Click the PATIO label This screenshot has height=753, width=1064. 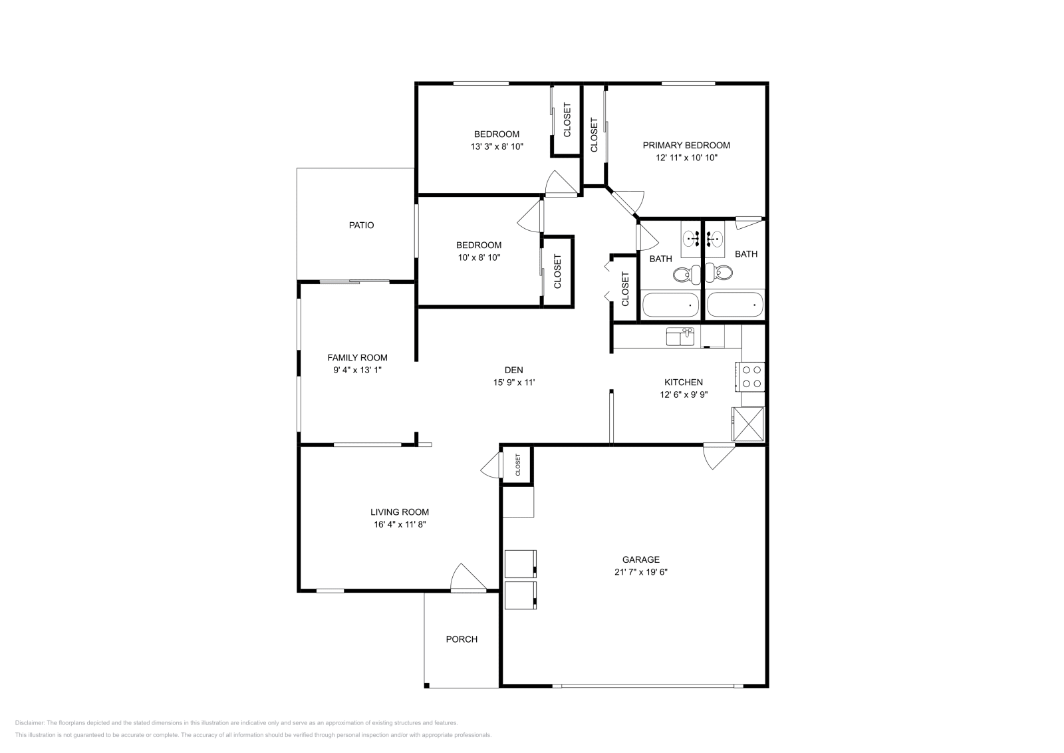[x=361, y=226]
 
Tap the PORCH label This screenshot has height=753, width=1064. [x=462, y=639]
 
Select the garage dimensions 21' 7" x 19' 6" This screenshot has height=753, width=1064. [x=640, y=572]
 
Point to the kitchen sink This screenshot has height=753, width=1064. [x=680, y=337]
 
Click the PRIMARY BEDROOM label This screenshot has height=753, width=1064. [x=686, y=146]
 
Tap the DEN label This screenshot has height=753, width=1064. [x=513, y=371]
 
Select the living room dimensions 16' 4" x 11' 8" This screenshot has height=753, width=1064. [x=399, y=525]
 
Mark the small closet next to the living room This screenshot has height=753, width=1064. [x=517, y=464]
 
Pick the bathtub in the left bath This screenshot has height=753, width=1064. [x=670, y=305]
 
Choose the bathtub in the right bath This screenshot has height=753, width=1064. [x=735, y=305]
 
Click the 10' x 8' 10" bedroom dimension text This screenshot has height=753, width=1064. [x=479, y=257]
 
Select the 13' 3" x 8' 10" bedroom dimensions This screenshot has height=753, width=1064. [x=497, y=146]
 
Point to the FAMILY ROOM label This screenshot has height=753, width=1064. [x=357, y=358]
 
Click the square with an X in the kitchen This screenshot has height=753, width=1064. [x=748, y=424]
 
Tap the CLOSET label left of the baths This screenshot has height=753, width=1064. [x=625, y=289]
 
